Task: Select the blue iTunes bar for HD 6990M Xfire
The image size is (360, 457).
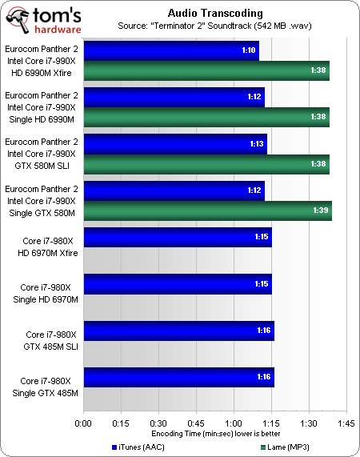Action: point(170,51)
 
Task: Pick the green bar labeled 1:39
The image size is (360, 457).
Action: point(207,210)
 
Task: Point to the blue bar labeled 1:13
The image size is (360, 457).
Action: point(174,144)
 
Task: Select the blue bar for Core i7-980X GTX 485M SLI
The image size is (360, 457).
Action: point(178,331)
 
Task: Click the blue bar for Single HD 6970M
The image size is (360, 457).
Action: point(177,284)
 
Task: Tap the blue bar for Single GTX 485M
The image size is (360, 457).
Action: point(178,377)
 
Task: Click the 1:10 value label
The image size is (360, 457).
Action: point(248,51)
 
